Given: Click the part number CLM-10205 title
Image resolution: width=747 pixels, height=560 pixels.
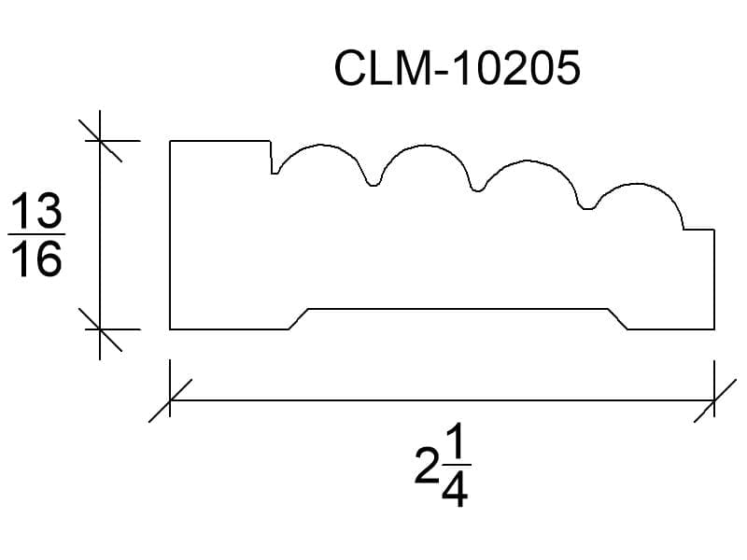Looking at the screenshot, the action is pyautogui.click(x=458, y=68).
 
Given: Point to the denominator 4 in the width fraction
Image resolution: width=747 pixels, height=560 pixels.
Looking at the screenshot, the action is pyautogui.click(x=455, y=489).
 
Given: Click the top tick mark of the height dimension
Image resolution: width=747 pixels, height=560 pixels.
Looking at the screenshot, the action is pyautogui.click(x=100, y=141).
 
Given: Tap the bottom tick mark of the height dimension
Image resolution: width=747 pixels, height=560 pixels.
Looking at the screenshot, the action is pyautogui.click(x=100, y=329).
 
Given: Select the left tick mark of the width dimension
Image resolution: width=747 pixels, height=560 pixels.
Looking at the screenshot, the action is pyautogui.click(x=170, y=400).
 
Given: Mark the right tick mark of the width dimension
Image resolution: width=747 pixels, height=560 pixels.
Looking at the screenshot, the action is pyautogui.click(x=714, y=400).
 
